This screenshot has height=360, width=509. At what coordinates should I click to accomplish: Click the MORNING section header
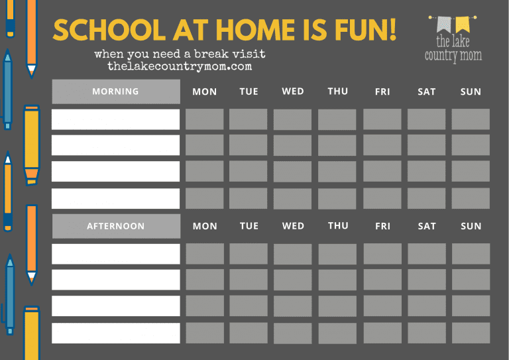pyautogui.click(x=115, y=91)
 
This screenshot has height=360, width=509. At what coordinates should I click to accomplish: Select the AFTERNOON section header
pyautogui.click(x=115, y=226)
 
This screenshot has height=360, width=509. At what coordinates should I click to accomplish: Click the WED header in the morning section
pyautogui.click(x=292, y=91)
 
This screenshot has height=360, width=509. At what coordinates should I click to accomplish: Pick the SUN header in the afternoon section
pyautogui.click(x=471, y=226)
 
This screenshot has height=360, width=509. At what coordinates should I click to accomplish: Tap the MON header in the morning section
pyautogui.click(x=204, y=92)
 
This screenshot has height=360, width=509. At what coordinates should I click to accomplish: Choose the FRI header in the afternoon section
pyautogui.click(x=382, y=226)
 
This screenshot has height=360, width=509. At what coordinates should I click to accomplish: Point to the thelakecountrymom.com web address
pyautogui.click(x=180, y=67)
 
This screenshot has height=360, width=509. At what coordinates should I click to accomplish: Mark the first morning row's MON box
pyautogui.click(x=204, y=119)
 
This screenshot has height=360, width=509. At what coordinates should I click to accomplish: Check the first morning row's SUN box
pyautogui.click(x=471, y=119)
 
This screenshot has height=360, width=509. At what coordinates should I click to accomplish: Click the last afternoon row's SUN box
pyautogui.click(x=471, y=333)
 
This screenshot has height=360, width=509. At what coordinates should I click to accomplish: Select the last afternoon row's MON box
pyautogui.click(x=204, y=333)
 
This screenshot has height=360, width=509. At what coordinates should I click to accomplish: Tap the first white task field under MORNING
pyautogui.click(x=115, y=119)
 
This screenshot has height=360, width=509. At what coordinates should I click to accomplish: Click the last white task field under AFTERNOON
pyautogui.click(x=115, y=333)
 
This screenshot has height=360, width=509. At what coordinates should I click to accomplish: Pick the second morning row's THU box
pyautogui.click(x=337, y=145)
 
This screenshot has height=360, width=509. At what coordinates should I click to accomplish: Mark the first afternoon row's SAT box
pyautogui.click(x=426, y=254)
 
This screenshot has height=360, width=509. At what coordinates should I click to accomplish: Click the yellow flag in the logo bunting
pyautogui.click(x=462, y=25)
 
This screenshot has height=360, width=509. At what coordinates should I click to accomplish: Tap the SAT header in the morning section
pyautogui.click(x=426, y=92)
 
